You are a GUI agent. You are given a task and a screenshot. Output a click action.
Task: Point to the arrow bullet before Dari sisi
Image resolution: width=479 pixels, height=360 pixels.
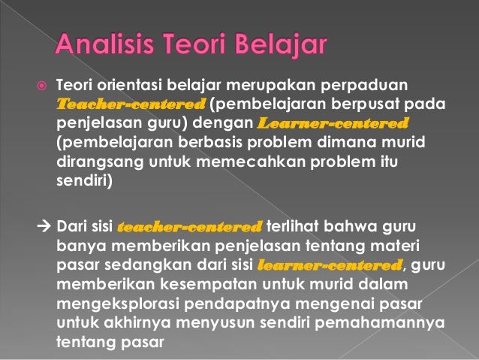click(x=44, y=227)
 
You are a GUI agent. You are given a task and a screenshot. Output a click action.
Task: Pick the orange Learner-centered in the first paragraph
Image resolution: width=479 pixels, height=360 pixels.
click(x=333, y=122)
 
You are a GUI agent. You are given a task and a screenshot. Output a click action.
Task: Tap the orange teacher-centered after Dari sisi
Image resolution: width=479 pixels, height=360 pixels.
click(x=190, y=227)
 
